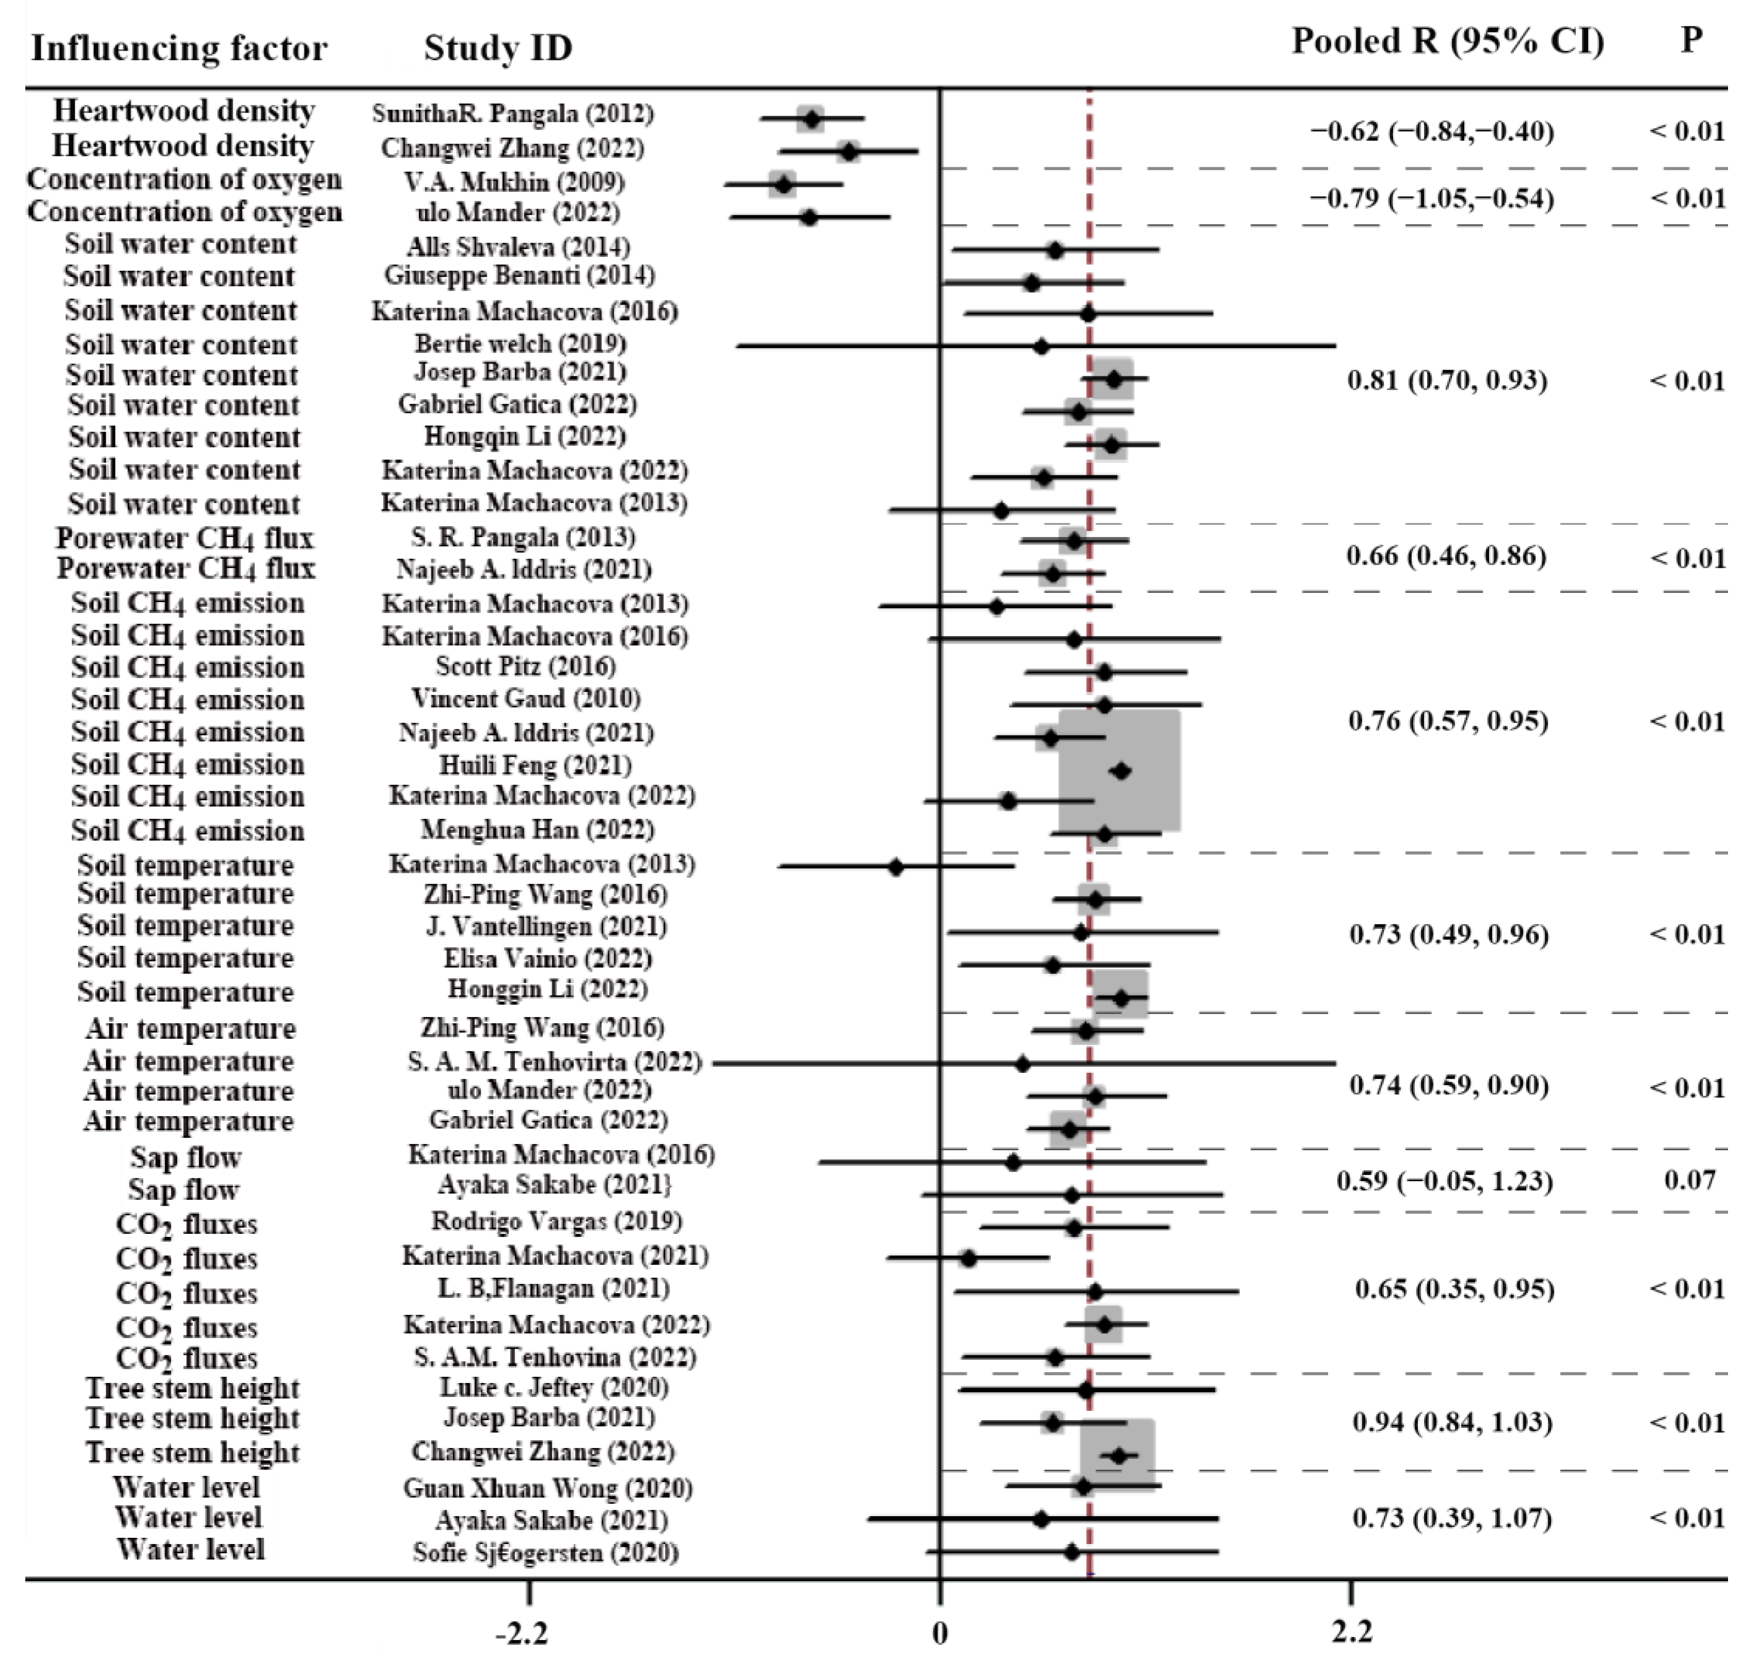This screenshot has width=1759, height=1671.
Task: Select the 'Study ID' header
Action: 498,48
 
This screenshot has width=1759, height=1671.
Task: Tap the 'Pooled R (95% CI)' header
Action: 1447,42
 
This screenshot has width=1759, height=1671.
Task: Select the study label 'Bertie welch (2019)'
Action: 520,344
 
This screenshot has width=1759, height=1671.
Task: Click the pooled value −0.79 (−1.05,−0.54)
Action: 1431,198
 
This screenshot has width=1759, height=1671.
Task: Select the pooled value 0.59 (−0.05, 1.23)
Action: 1444,1182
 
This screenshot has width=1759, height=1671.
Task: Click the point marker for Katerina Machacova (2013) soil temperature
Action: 896,866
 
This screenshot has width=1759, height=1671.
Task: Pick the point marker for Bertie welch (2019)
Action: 1041,346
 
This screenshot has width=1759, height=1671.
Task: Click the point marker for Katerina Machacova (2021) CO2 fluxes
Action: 968,1259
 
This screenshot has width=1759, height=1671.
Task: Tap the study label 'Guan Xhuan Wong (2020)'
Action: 548,1487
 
